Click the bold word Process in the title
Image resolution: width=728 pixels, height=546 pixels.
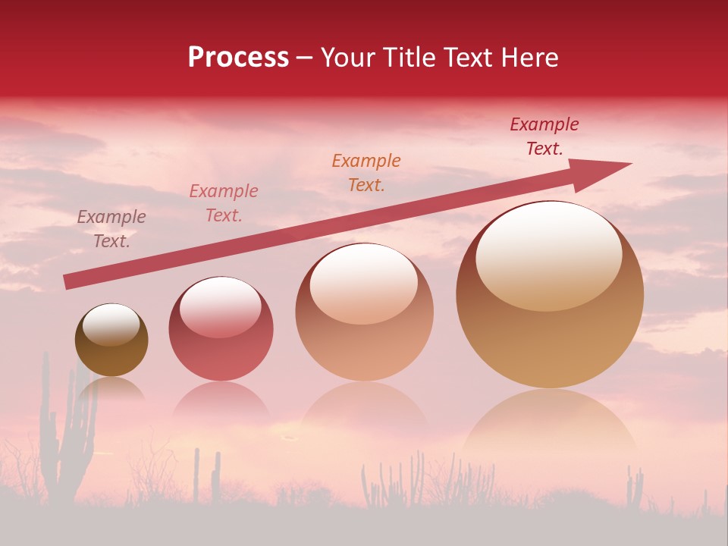coord(238,58)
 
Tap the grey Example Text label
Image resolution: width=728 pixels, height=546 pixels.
coord(111,229)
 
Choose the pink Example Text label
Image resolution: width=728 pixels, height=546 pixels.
coord(223,203)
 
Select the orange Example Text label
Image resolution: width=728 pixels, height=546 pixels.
coord(366,172)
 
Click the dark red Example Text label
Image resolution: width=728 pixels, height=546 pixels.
coord(544,136)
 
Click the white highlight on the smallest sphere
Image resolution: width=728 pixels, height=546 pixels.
coord(111,325)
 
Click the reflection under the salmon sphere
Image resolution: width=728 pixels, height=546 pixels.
coord(364,409)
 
